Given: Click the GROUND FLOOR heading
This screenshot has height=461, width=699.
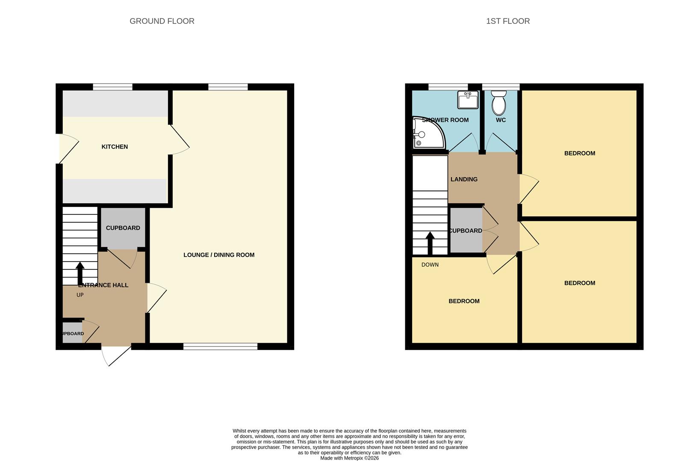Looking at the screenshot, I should tap(162, 21).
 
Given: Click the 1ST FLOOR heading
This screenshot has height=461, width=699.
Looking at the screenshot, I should tap(507, 21).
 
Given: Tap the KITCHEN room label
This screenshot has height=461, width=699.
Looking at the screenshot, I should tap(115, 147).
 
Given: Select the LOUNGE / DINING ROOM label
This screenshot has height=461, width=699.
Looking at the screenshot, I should tap(219, 255).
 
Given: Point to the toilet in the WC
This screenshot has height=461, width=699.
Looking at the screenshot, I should tap(498, 103).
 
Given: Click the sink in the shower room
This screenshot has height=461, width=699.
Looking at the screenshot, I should tap(468, 100).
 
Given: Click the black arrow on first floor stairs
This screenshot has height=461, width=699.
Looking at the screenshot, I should tap(430, 243).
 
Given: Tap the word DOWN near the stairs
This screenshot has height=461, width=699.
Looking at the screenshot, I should tap(430, 265).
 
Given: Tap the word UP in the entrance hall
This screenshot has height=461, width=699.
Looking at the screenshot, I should tap(80, 295).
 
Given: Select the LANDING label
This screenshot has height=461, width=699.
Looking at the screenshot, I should tap(464, 179).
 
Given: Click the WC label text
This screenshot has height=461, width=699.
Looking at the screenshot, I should tap(501, 120).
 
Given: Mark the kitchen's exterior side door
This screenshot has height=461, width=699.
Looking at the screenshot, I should tap(68, 149).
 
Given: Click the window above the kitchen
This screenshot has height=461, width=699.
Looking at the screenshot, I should tap(112, 87).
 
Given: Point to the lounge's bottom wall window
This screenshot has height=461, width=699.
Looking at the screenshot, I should tap(220, 347).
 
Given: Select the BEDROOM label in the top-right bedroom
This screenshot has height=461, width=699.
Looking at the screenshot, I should tap(579, 153).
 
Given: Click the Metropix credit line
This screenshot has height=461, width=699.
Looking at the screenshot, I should tap(349, 458).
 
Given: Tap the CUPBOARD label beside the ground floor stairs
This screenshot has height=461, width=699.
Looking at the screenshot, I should tap(123, 228).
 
